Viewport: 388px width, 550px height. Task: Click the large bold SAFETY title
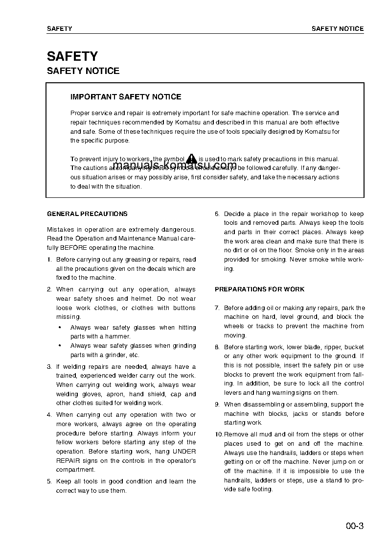pyautogui.click(x=72, y=56)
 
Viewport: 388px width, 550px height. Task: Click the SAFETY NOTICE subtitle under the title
pyautogui.click(x=83, y=71)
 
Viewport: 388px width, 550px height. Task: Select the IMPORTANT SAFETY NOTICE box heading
pyautogui.click(x=126, y=97)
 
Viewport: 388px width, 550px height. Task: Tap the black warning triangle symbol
pyautogui.click(x=191, y=158)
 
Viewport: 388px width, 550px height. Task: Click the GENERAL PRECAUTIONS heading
pyautogui.click(x=87, y=214)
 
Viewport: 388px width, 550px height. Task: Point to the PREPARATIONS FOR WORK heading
pyautogui.click(x=259, y=289)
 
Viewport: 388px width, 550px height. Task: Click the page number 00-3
pyautogui.click(x=354, y=526)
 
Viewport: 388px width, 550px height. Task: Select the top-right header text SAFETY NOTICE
pyautogui.click(x=338, y=29)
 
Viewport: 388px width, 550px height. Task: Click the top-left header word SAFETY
pyautogui.click(x=59, y=29)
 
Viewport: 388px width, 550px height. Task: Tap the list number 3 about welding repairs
pyautogui.click(x=49, y=367)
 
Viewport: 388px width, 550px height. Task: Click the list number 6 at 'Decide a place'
pyautogui.click(x=217, y=214)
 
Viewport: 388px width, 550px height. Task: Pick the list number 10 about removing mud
pyautogui.click(x=218, y=434)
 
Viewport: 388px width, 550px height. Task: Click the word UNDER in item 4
pyautogui.click(x=184, y=452)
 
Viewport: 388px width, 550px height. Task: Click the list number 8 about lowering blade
pyautogui.click(x=217, y=347)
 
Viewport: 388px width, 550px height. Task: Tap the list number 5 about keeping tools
pyautogui.click(x=49, y=481)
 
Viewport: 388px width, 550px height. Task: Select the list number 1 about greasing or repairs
pyautogui.click(x=49, y=260)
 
